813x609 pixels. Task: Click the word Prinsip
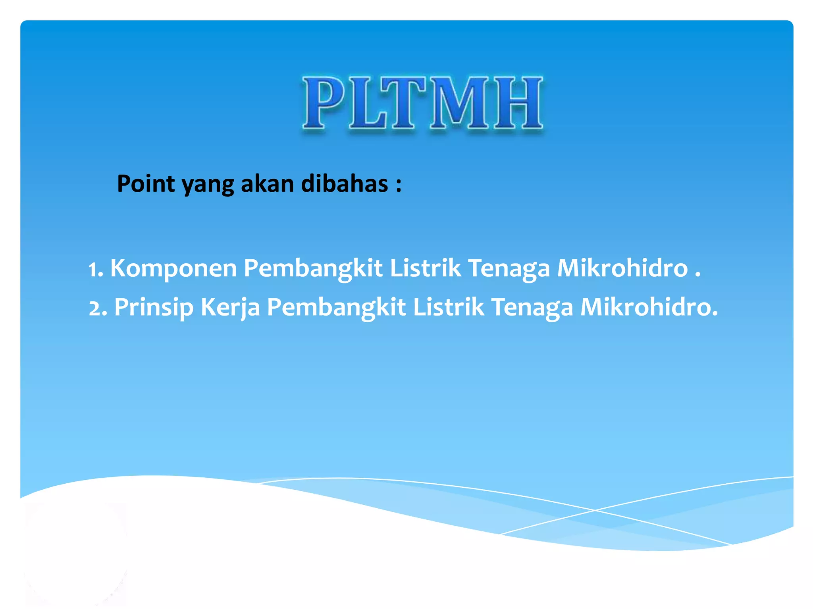click(154, 308)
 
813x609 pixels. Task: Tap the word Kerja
click(230, 308)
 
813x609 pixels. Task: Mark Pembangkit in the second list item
click(336, 308)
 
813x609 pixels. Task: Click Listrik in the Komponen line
click(425, 268)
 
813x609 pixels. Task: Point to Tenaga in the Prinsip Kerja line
click(532, 308)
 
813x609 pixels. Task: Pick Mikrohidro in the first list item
click(622, 268)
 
